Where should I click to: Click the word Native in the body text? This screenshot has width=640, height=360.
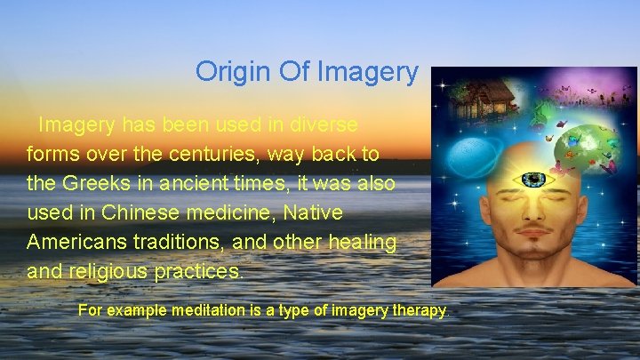[317, 213]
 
